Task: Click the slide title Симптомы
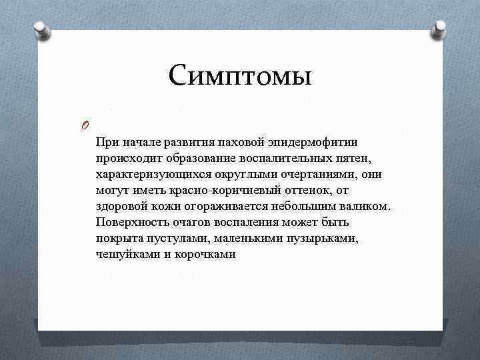240,75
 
